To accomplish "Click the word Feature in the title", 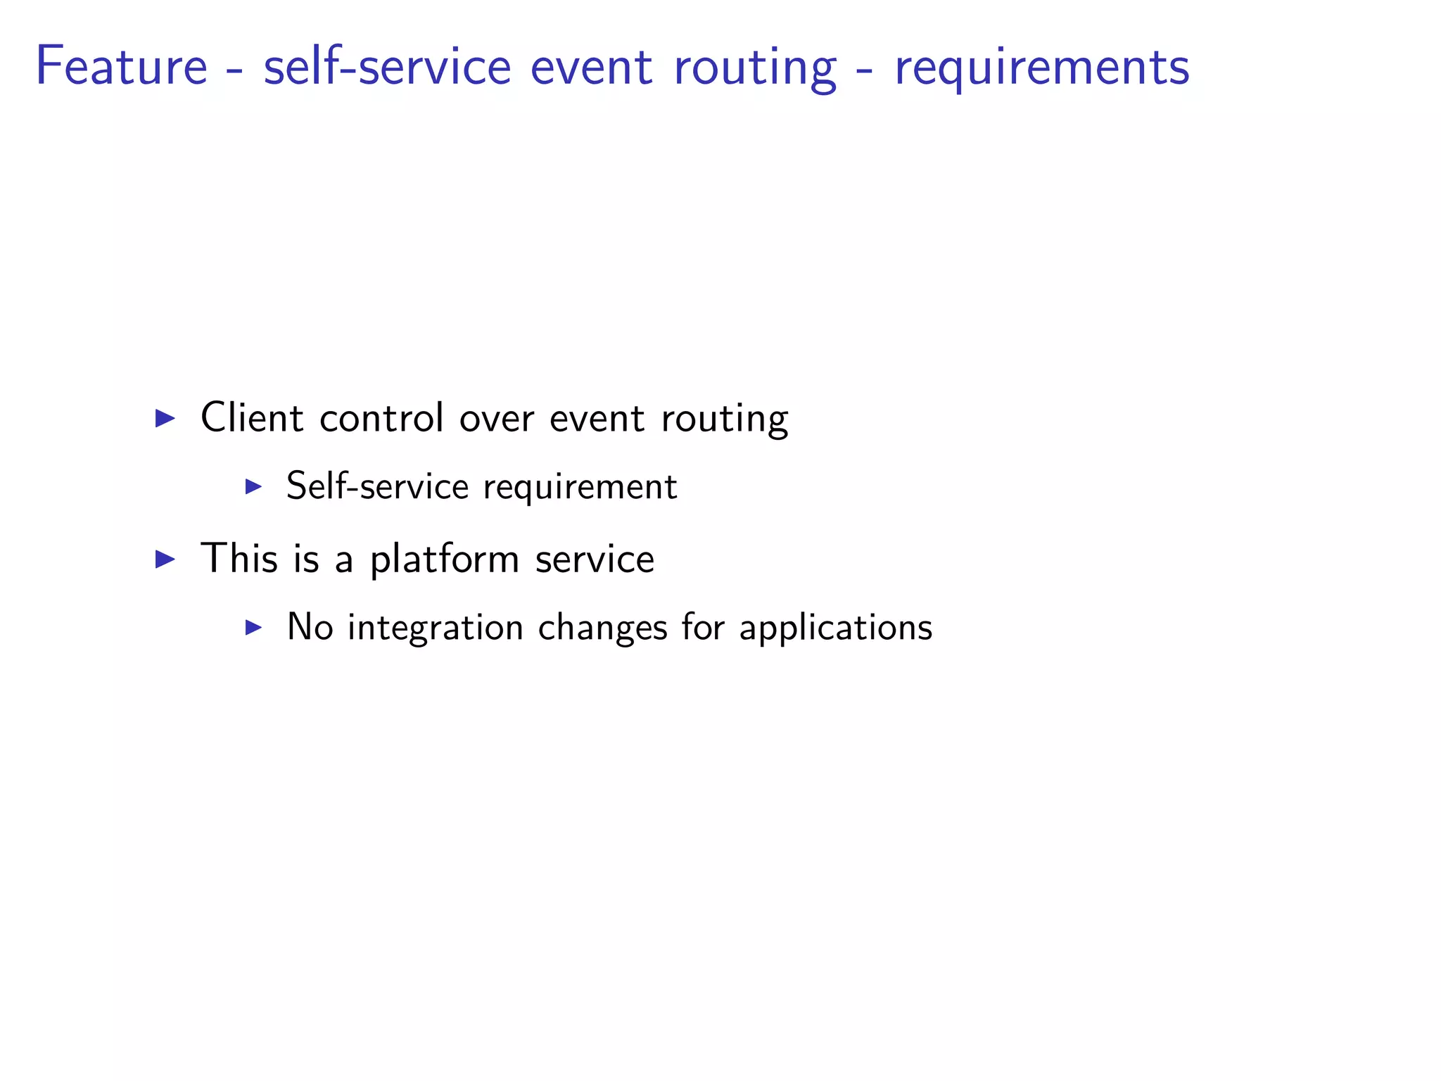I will point(121,66).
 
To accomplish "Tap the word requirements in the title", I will point(1041,69).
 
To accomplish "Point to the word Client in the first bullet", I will point(251,417).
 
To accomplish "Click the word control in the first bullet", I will point(381,417).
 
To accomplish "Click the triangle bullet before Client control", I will point(165,418).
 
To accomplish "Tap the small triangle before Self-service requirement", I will point(253,486).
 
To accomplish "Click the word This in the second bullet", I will point(239,558).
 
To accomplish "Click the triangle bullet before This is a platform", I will point(165,559).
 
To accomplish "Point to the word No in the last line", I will point(310,626).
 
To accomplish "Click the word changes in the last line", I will point(602,628).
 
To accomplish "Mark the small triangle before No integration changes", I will point(253,627).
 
